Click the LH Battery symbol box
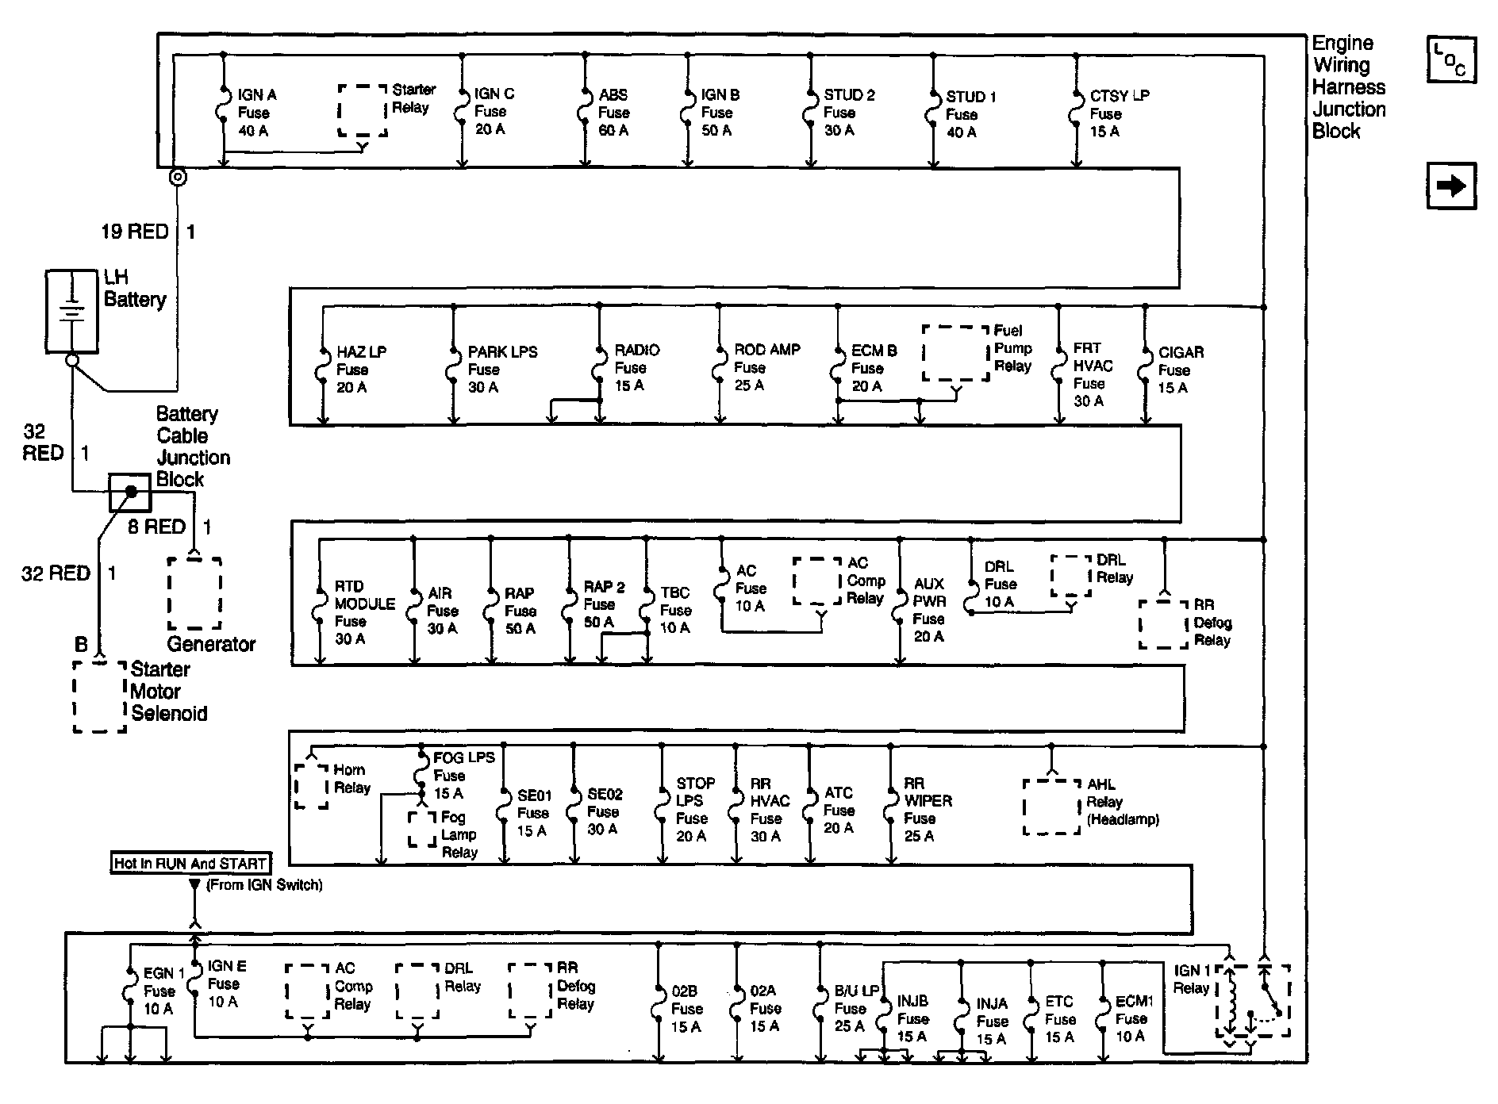tap(71, 311)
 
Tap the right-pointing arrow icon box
tap(1451, 186)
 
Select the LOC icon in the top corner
tap(1451, 59)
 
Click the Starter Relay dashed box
tap(363, 111)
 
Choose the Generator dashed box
tap(194, 593)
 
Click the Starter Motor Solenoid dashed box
tap(100, 696)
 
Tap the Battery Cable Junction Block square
tap(129, 493)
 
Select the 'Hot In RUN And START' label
tap(190, 864)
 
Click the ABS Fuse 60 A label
tap(613, 113)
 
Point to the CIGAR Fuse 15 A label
tap(1180, 370)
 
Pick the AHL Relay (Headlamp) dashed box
tap(1051, 806)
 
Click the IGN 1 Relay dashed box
tap(1253, 1001)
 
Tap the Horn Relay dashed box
tap(311, 786)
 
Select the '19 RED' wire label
tap(135, 232)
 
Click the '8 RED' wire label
tap(157, 527)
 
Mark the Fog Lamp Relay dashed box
tap(422, 829)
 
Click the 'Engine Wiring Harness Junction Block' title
tap(1348, 87)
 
